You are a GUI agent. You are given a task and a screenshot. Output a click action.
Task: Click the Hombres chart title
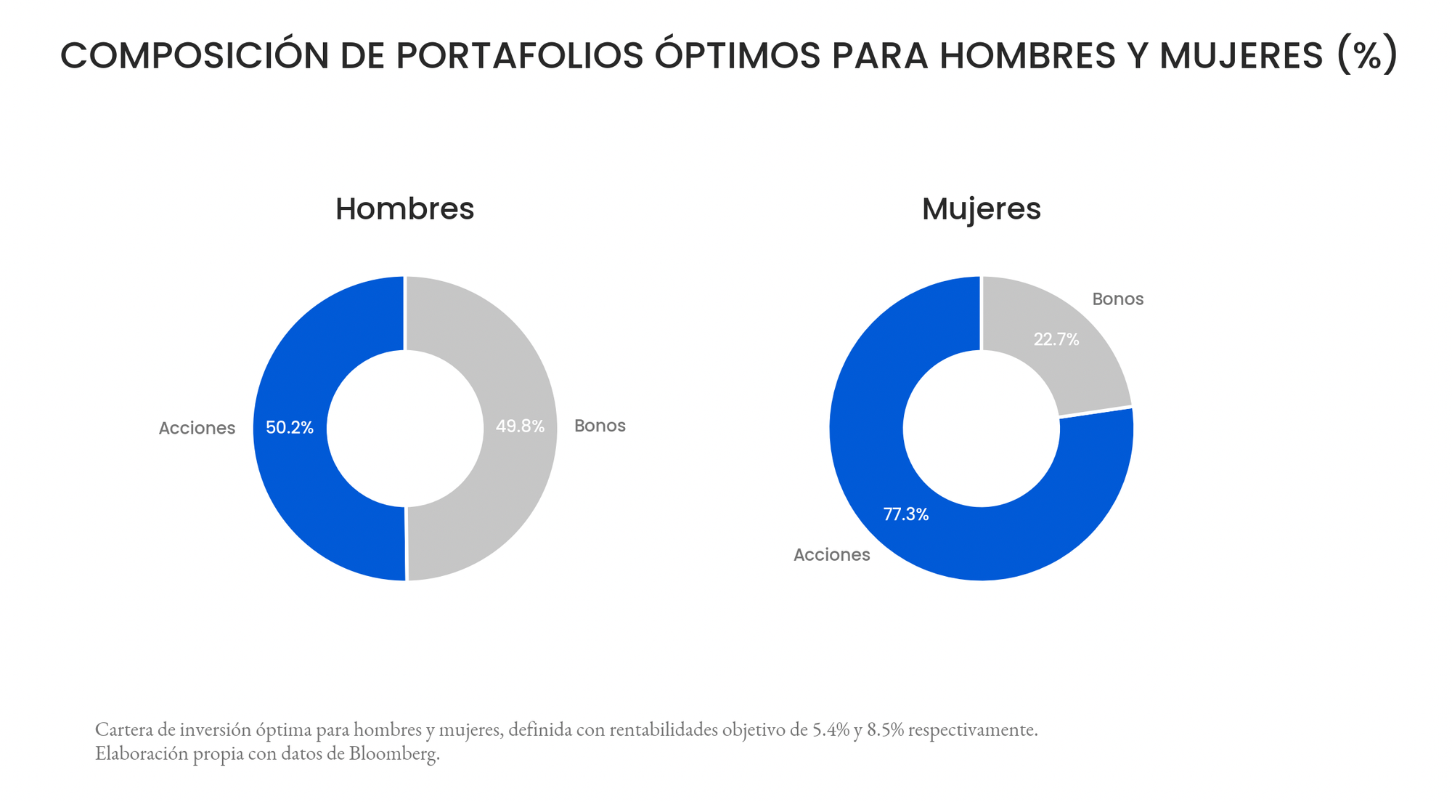click(404, 209)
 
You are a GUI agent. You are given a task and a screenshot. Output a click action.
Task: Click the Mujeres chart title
click(981, 209)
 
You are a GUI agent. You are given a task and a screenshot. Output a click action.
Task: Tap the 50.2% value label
click(290, 428)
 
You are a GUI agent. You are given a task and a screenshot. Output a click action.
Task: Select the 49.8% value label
click(520, 426)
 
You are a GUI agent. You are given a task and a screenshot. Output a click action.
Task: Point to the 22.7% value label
click(1056, 339)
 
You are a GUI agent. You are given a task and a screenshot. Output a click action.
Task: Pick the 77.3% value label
click(905, 514)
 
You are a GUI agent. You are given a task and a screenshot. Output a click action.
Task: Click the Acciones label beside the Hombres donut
click(197, 429)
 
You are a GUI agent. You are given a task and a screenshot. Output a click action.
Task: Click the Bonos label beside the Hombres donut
click(600, 426)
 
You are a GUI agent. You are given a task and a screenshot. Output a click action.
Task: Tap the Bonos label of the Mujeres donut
click(1117, 299)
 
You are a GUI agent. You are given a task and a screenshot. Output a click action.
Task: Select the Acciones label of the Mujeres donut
click(831, 555)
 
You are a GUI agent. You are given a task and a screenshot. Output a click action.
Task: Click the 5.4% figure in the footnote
click(831, 729)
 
